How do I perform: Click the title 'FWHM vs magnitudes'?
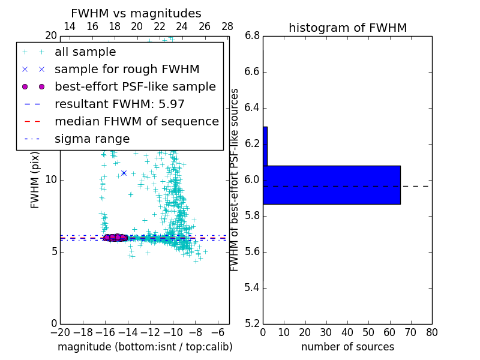[x=136, y=13]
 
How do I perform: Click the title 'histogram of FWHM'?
[x=347, y=28]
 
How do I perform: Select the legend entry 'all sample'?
[x=85, y=52]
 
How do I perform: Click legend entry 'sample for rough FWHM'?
[x=127, y=70]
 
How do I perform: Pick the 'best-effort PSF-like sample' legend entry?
[x=135, y=86]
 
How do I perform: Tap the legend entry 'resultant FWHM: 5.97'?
[x=119, y=104]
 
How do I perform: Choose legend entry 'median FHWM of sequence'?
[x=136, y=121]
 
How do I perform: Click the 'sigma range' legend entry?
[x=92, y=139]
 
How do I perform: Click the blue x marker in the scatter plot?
[x=124, y=173]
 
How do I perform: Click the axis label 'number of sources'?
[x=347, y=347]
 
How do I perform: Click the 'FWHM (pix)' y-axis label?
[x=35, y=179]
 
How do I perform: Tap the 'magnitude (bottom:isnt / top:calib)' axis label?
[x=145, y=347]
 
